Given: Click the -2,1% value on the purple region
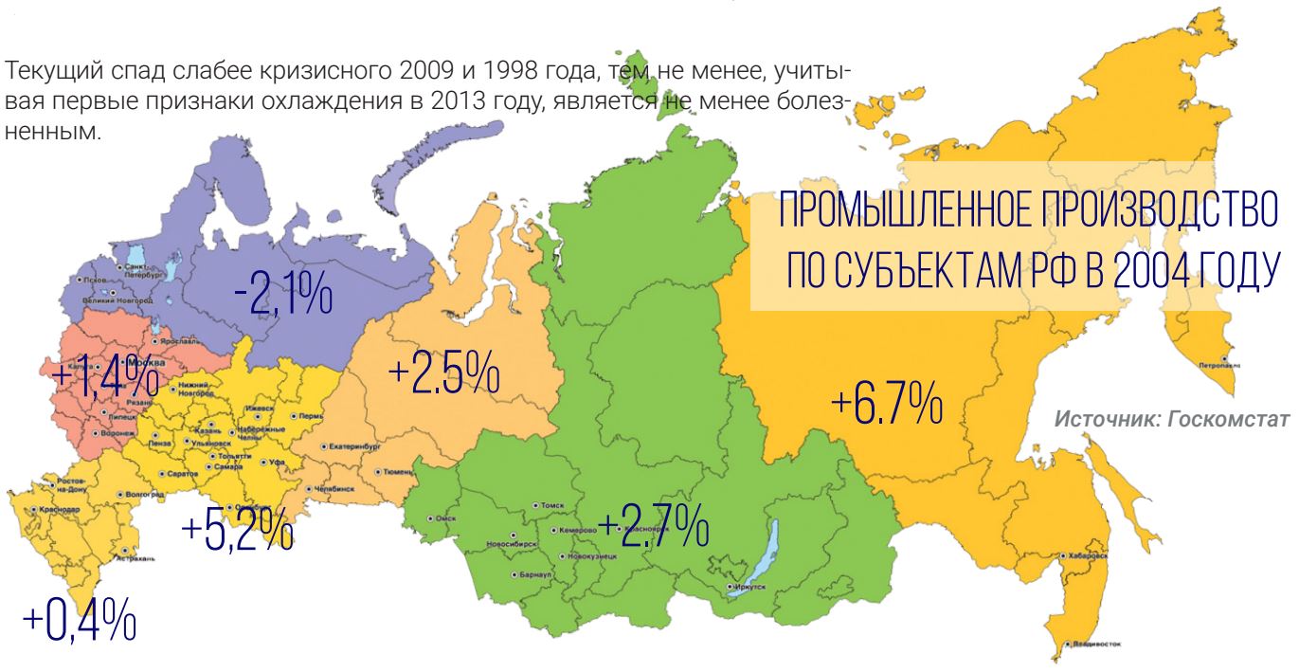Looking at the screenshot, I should coord(283,297).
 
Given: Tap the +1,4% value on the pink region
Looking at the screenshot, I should coord(104,376).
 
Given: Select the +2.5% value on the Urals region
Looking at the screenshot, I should coord(443,375).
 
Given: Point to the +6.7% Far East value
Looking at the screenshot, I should coord(887,407).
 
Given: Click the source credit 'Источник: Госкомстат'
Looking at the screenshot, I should coord(1171,419).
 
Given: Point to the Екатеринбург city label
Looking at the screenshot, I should coord(354,444).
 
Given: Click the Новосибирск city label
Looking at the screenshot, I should coord(511,545).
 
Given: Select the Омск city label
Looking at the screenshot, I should coord(445,518).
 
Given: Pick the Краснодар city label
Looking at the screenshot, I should coord(57,510).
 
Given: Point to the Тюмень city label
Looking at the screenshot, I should coord(396,471).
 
